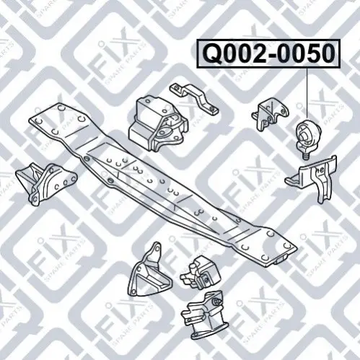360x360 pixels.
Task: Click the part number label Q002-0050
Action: tap(268, 53)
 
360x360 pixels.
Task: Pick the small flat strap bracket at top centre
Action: tap(194, 98)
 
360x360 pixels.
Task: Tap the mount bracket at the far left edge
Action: tap(45, 183)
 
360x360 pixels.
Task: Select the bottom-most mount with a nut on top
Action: tap(205, 315)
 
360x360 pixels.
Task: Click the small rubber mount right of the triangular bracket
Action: tap(200, 273)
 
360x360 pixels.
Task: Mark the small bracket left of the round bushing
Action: tap(268, 114)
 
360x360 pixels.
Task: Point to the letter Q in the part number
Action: tap(213, 54)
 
